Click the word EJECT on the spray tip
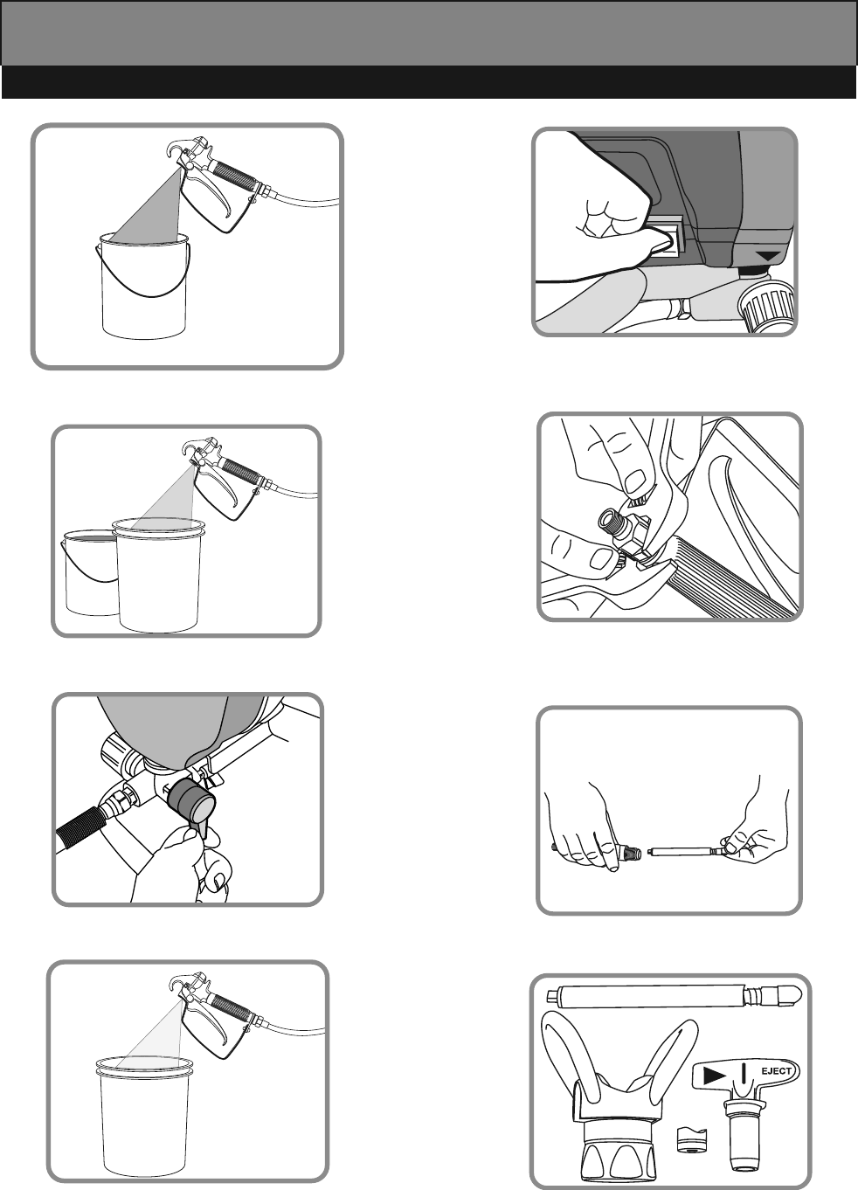pyautogui.click(x=776, y=1070)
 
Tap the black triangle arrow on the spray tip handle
pyautogui.click(x=715, y=1076)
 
